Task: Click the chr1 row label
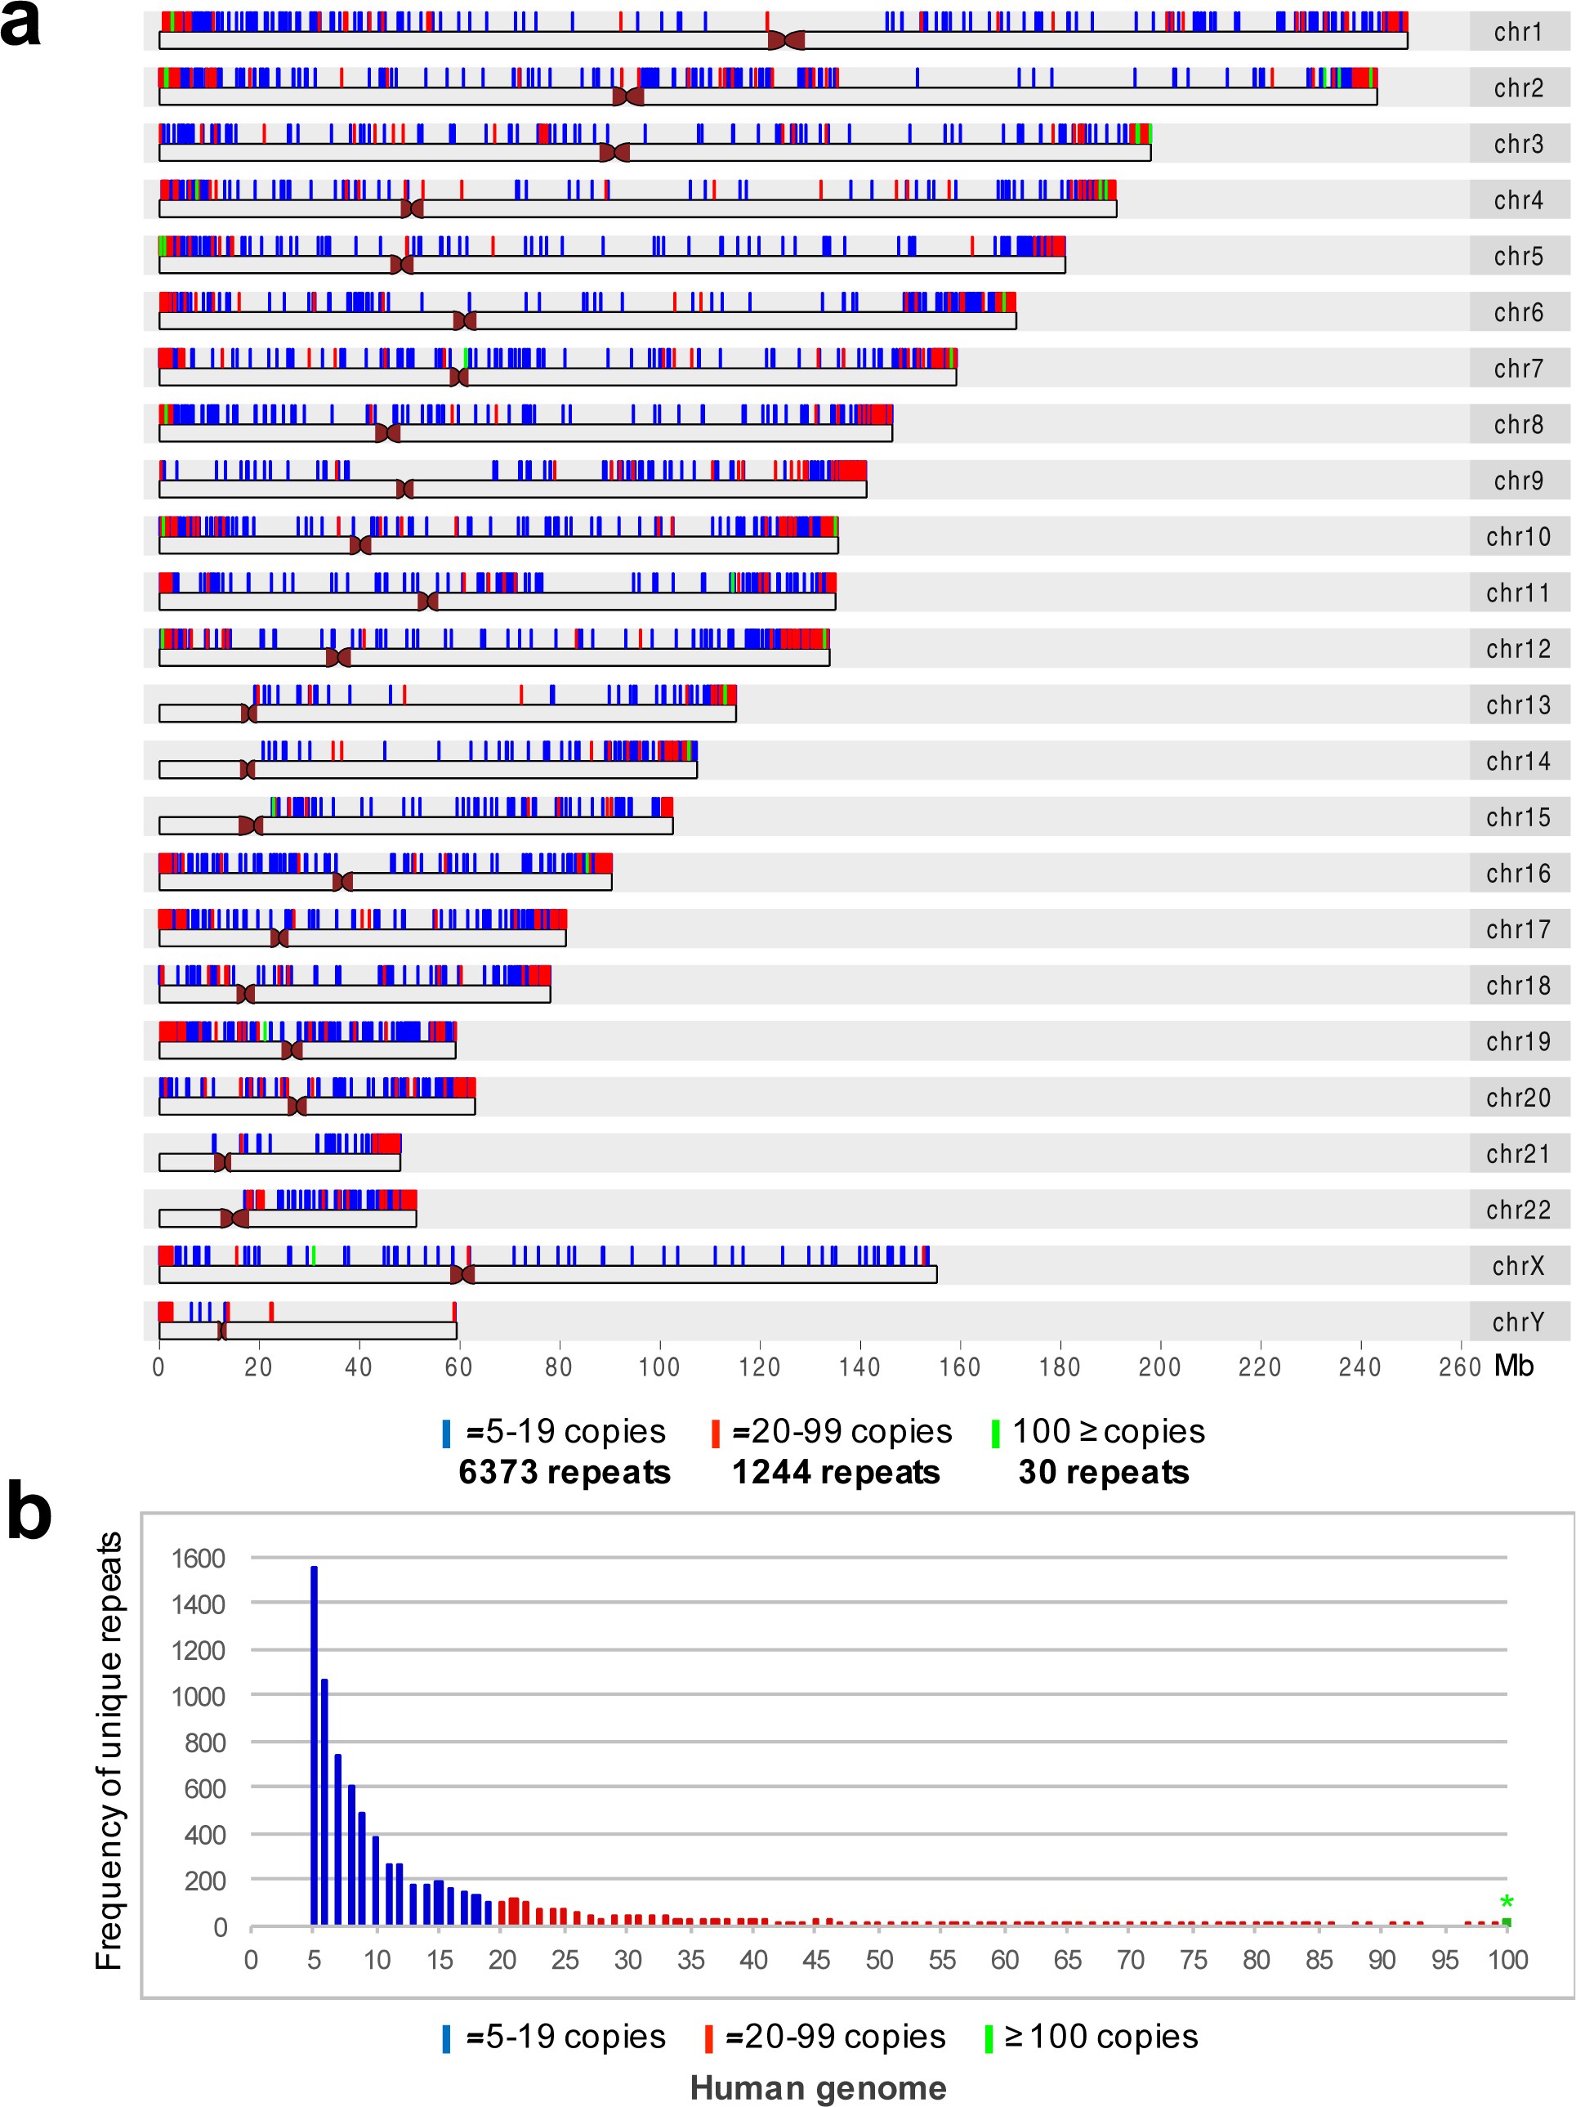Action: click(1518, 33)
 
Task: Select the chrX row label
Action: click(1518, 1266)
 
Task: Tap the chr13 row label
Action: click(1518, 705)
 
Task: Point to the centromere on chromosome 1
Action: click(786, 40)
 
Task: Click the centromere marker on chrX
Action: click(462, 1274)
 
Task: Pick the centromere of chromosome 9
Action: click(404, 490)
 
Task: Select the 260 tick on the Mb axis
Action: click(1459, 1368)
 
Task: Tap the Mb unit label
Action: click(1514, 1366)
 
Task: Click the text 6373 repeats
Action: click(564, 1473)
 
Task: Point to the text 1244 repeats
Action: click(835, 1473)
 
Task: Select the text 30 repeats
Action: click(1104, 1473)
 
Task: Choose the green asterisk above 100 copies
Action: click(1507, 1902)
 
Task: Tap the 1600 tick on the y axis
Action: click(198, 1559)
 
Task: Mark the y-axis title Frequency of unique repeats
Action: click(109, 1750)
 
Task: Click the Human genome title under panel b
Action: click(818, 2088)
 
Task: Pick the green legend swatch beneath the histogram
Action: click(989, 2038)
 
